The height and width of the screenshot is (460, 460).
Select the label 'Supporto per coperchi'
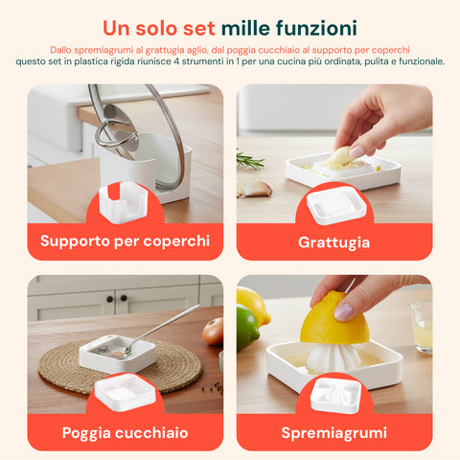click(125, 241)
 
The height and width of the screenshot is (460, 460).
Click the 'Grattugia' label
click(333, 242)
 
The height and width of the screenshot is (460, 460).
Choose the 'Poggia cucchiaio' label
click(125, 433)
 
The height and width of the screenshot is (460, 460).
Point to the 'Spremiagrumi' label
click(333, 433)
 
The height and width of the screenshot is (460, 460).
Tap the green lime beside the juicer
click(248, 330)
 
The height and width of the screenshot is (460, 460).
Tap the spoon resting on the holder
click(158, 332)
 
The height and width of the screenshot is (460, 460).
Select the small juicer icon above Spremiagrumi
click(333, 393)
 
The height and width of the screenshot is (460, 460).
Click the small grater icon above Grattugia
click(333, 203)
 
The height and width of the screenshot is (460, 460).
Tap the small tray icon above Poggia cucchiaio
click(125, 393)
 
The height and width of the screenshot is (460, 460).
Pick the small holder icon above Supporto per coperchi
click(125, 203)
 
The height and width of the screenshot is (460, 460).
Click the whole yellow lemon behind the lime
click(254, 305)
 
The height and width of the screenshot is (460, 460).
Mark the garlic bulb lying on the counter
click(257, 188)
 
